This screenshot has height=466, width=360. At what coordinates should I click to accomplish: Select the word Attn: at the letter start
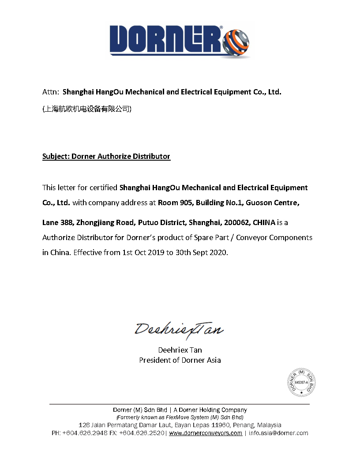[51, 92]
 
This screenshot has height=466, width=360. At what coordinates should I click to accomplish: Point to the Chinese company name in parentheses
[86, 109]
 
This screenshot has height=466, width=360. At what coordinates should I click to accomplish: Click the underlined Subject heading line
[106, 156]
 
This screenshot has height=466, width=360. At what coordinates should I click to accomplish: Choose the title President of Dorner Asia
[180, 360]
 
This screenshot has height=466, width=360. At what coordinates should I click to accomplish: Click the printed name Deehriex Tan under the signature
[180, 350]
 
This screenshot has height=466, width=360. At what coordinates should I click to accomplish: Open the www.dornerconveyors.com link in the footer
[206, 433]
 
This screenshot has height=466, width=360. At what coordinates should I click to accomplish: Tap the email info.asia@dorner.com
[278, 433]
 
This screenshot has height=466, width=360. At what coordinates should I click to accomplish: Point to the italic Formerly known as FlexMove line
[180, 417]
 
